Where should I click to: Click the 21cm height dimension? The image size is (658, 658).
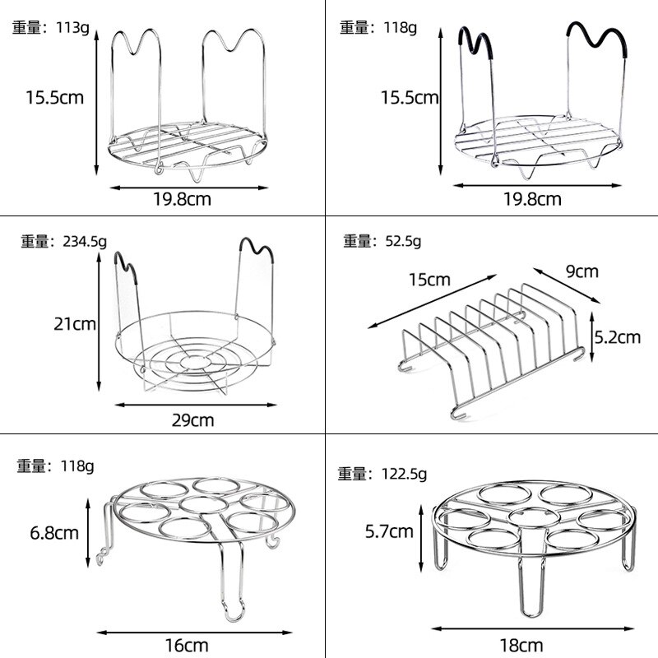(x=74, y=323)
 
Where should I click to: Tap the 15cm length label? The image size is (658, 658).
(x=429, y=279)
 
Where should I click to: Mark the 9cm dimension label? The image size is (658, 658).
(x=582, y=271)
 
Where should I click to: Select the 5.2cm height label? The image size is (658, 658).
(x=617, y=336)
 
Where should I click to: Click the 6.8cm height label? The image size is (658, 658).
(x=54, y=532)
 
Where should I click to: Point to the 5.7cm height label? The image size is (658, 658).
(x=390, y=531)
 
